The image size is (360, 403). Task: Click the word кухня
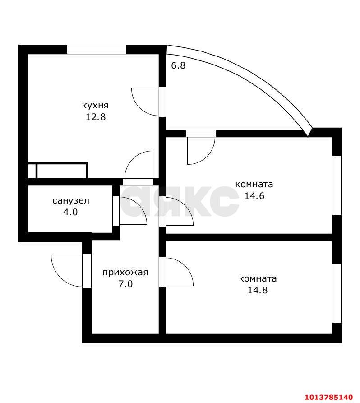tap(95, 106)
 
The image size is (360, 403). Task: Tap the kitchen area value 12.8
tap(96, 117)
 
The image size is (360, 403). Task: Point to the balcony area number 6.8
tap(178, 65)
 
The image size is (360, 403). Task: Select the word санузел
tap(71, 200)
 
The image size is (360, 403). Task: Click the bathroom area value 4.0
tap(70, 212)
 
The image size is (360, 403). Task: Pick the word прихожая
tap(125, 273)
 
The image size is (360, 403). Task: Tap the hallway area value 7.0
tap(126, 284)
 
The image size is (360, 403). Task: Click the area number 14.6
tap(254, 196)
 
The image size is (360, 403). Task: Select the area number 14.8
tap(258, 290)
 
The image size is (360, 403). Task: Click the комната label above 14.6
tap(254, 185)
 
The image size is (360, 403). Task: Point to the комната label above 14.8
tap(258, 279)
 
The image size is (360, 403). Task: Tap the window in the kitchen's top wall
tap(97, 49)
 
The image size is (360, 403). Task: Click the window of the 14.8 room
tap(337, 293)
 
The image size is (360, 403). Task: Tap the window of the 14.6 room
tap(337, 185)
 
